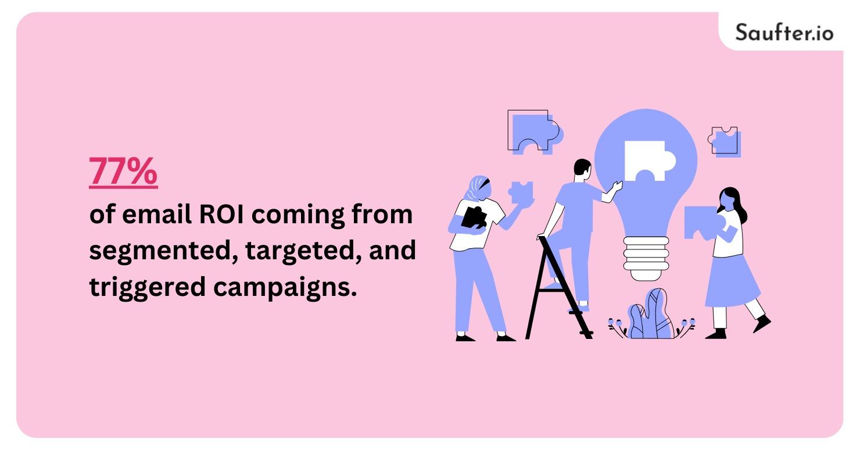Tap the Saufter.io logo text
[x=784, y=33]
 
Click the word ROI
[x=221, y=215]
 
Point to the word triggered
[x=148, y=287]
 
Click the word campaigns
[x=285, y=287]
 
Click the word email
[x=157, y=214]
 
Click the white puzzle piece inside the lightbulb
[x=650, y=161]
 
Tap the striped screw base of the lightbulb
[x=646, y=258]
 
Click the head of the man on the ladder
[x=582, y=169]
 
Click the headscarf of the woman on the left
[x=477, y=188]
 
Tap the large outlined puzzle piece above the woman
[x=534, y=132]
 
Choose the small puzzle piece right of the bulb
[x=725, y=141]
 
